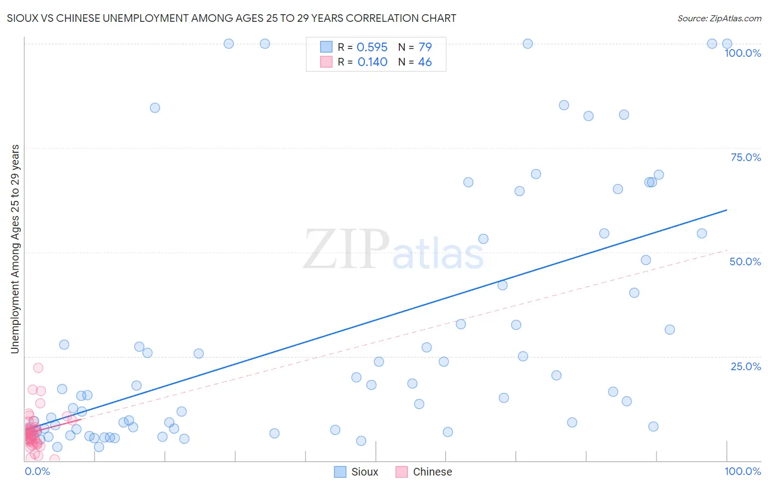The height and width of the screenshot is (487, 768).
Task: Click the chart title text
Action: pyautogui.click(x=232, y=18)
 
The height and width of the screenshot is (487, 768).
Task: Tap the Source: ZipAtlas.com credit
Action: pyautogui.click(x=719, y=18)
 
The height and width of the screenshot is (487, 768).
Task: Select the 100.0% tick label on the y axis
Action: pyautogui.click(x=742, y=53)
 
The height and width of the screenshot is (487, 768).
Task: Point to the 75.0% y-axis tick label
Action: pyautogui.click(x=746, y=157)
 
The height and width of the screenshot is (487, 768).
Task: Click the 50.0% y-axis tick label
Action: pyautogui.click(x=745, y=262)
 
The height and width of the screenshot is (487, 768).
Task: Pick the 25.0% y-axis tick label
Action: pyautogui.click(x=746, y=366)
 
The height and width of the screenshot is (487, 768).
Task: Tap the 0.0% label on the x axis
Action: pyautogui.click(x=37, y=471)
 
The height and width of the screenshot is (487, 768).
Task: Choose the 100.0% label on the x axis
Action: pyautogui.click(x=742, y=471)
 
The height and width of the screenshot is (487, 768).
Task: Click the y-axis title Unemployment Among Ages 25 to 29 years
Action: pyautogui.click(x=15, y=249)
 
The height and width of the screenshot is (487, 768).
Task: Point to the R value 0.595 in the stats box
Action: pyautogui.click(x=372, y=47)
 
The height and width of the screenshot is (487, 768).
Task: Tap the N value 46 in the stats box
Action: pyautogui.click(x=424, y=62)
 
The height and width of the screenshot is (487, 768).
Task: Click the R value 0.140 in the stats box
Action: pyautogui.click(x=372, y=62)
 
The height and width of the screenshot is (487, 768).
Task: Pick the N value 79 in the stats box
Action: pyautogui.click(x=424, y=47)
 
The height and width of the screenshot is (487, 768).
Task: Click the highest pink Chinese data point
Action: pyautogui.click(x=38, y=367)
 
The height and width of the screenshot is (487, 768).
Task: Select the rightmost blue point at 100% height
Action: pyautogui.click(x=727, y=44)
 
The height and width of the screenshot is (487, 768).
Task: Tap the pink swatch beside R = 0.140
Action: pyautogui.click(x=326, y=62)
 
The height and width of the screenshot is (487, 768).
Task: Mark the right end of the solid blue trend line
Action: pyautogui.click(x=726, y=210)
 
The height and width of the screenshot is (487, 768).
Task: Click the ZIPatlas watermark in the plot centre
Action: pyautogui.click(x=393, y=250)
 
